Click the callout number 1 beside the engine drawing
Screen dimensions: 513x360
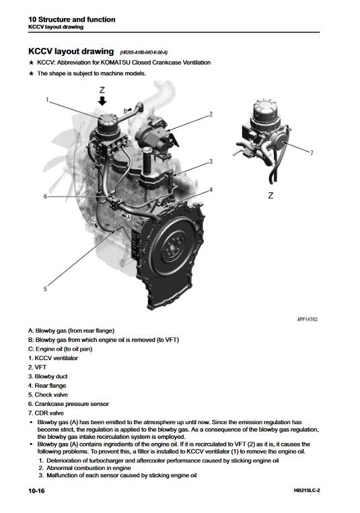click(48, 100)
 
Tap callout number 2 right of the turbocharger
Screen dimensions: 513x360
click(211, 114)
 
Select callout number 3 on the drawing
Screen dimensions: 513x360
click(211, 162)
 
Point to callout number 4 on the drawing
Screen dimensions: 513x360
click(211, 190)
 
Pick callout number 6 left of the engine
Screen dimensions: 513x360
click(45, 197)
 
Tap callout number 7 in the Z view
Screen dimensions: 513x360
click(312, 153)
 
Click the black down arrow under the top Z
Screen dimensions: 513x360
click(102, 101)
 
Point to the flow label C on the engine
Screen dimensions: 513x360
click(94, 219)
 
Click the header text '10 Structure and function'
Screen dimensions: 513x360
click(71, 20)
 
